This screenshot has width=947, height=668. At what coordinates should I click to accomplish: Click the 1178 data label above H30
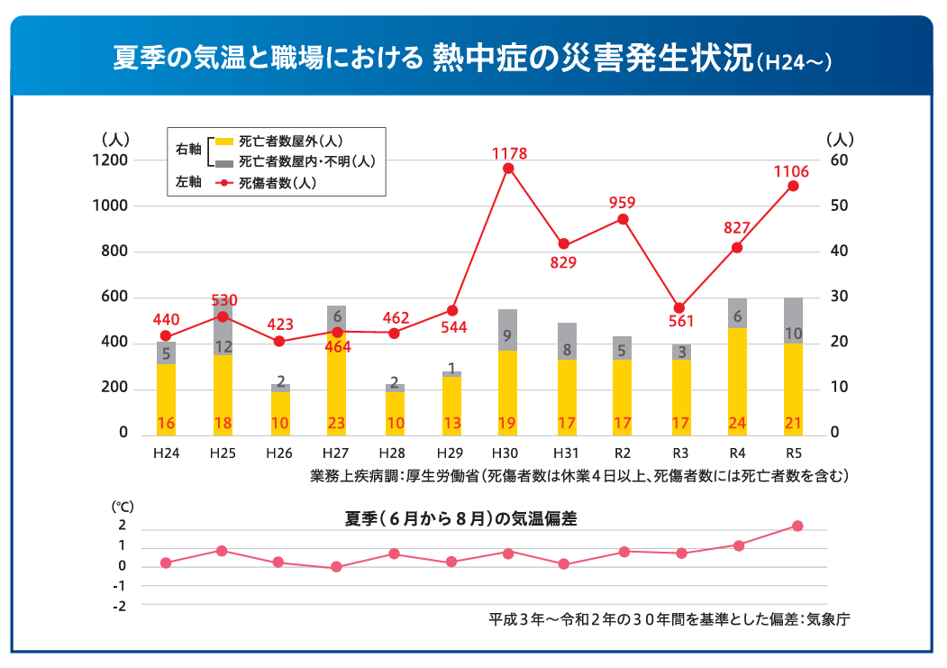pos(509,154)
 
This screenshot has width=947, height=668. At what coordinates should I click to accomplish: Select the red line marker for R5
pos(793,186)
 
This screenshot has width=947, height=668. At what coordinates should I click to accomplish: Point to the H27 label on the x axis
pos(336,452)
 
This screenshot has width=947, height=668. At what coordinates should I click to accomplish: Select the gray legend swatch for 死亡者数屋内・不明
pos(224,163)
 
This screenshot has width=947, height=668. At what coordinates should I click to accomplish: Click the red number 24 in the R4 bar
pos(737,424)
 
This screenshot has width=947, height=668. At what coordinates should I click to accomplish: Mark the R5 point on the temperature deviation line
pos(797,526)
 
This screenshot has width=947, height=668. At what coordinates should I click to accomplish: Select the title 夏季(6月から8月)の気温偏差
pos(460,518)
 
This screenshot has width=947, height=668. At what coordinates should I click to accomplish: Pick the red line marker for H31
pos(564,243)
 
